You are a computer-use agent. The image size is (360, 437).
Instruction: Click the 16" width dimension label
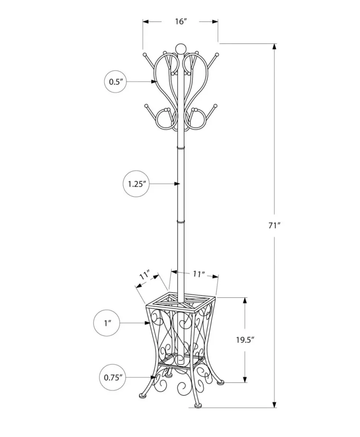(x=181, y=21)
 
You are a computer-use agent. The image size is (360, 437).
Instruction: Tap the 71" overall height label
(x=274, y=225)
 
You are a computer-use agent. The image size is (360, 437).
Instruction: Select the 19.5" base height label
(x=245, y=340)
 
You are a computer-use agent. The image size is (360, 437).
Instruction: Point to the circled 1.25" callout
(x=137, y=184)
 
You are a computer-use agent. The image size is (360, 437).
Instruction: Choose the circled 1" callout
(x=107, y=323)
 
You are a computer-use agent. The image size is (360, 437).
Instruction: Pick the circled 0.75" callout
(x=113, y=378)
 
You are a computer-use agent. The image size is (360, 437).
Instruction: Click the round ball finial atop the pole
(x=181, y=48)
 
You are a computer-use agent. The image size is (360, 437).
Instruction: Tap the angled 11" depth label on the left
(x=145, y=276)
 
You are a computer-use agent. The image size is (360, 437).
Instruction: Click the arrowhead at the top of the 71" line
(x=275, y=46)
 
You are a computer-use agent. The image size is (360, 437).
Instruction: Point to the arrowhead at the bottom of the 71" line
(x=275, y=404)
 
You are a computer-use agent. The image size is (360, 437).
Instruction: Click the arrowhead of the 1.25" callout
(x=177, y=184)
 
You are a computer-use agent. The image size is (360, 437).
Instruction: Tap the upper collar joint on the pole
(x=181, y=147)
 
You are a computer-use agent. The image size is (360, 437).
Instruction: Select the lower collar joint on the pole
(x=181, y=222)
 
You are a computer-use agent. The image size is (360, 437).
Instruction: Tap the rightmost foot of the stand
(x=221, y=383)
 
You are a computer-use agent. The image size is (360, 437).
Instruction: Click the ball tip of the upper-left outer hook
(x=144, y=54)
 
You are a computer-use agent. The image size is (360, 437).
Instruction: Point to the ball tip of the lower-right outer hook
(x=215, y=106)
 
